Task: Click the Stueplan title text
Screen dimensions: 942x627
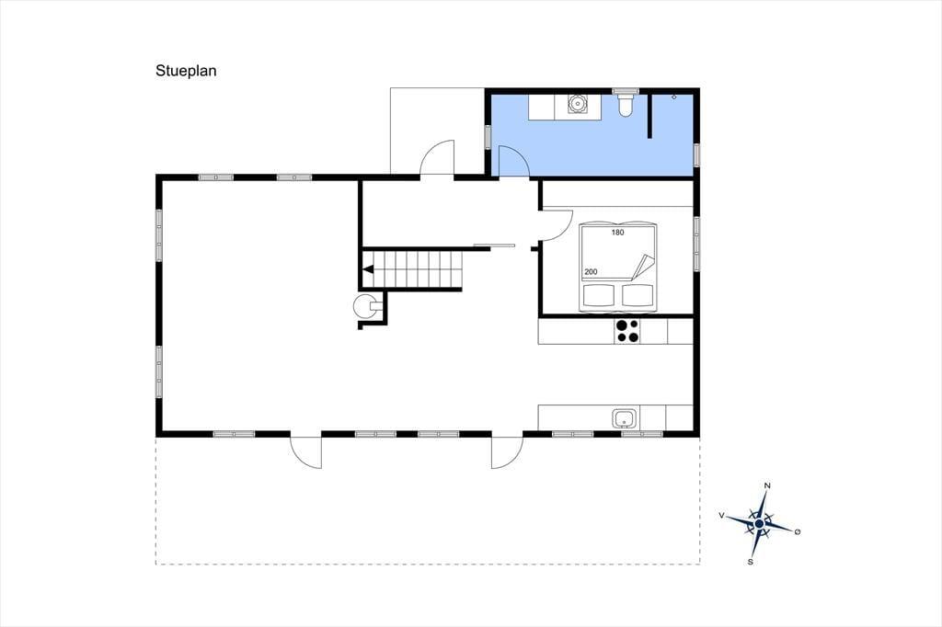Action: coord(186,71)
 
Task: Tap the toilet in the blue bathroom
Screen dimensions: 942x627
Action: coord(626,104)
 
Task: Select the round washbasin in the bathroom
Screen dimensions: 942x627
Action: coord(578,104)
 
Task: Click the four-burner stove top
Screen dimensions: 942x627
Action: coord(627,331)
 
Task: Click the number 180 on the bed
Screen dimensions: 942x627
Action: coord(617,233)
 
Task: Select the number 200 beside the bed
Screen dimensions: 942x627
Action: coord(591,272)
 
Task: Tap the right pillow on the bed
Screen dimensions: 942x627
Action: coord(638,295)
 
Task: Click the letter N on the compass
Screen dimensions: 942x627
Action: coord(767,485)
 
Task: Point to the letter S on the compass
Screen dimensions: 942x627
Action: coord(751,562)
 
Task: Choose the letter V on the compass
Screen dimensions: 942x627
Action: coord(721,515)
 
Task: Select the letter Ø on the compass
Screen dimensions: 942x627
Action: coord(798,531)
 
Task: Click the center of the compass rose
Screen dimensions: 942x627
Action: coord(759,524)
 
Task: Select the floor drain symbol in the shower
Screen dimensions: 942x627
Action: coord(674,97)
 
